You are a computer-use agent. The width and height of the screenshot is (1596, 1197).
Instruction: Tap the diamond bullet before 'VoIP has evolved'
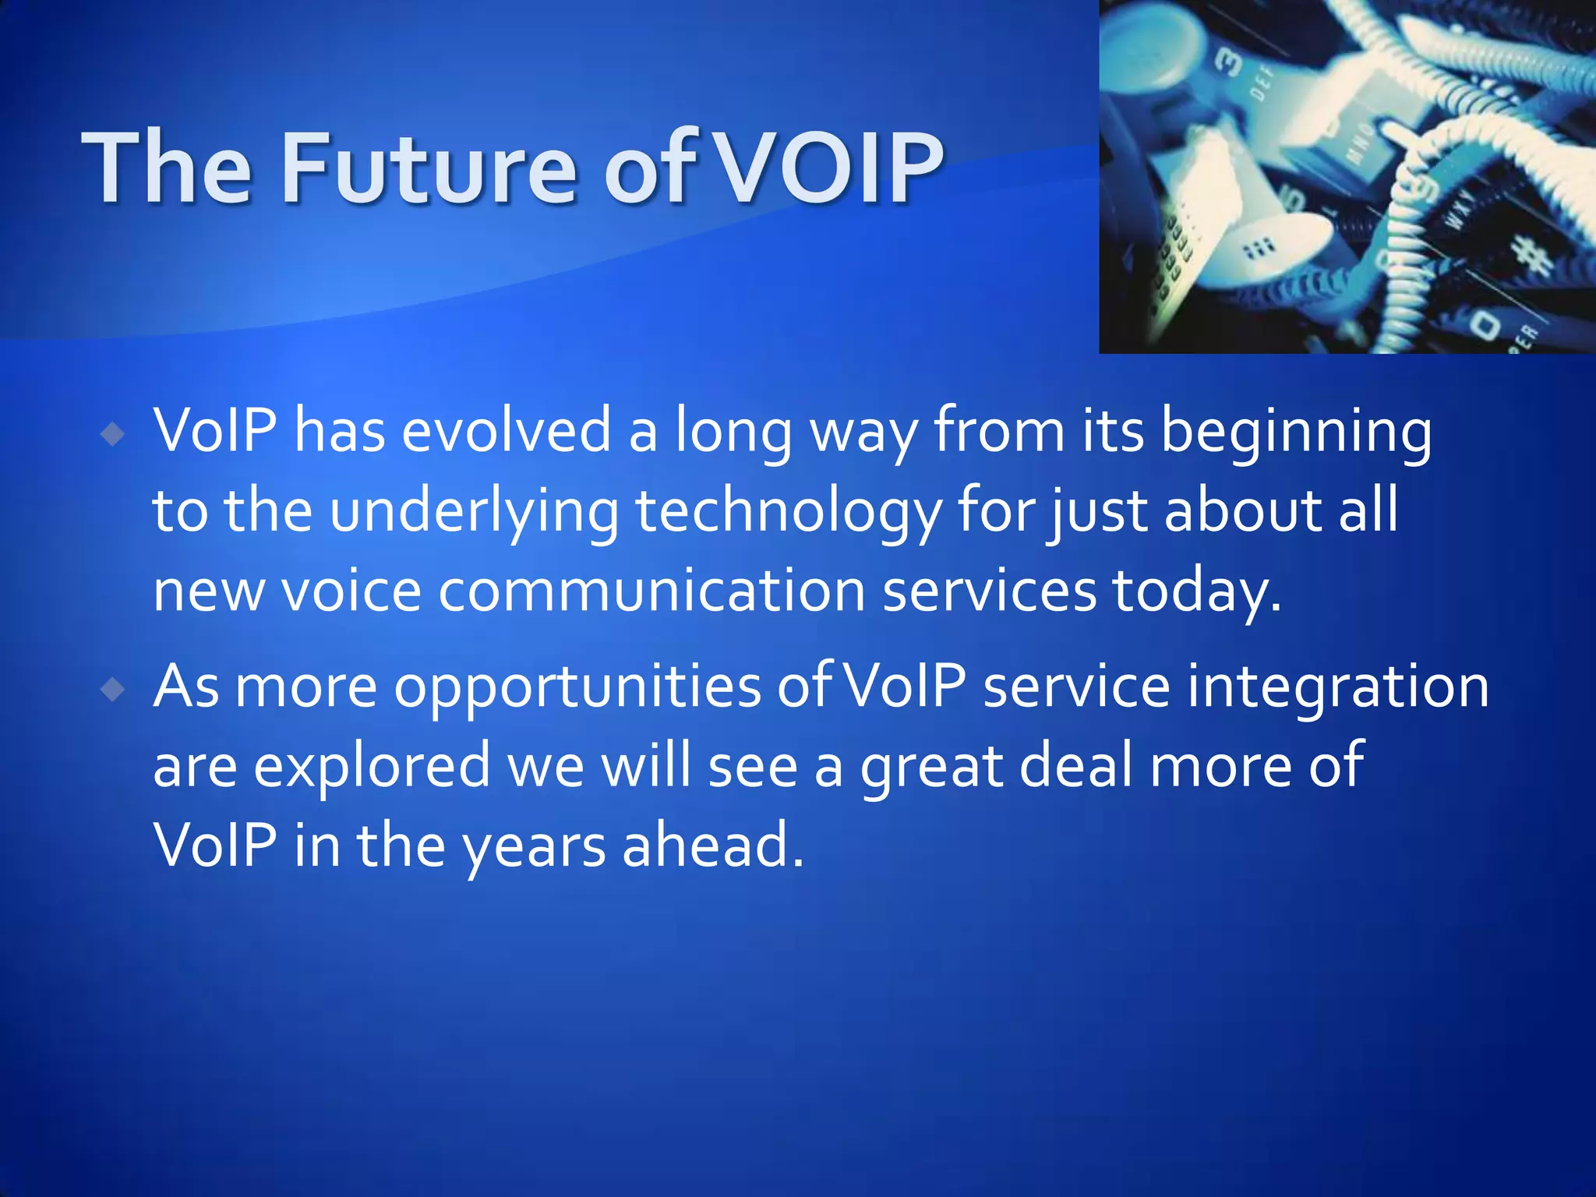click(114, 434)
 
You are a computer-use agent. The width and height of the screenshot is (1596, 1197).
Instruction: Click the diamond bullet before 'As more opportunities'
click(114, 689)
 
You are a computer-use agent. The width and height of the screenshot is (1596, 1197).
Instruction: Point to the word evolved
click(507, 431)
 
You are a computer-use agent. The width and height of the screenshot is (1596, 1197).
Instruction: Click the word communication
click(651, 591)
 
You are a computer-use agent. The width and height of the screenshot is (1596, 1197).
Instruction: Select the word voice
click(351, 591)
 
